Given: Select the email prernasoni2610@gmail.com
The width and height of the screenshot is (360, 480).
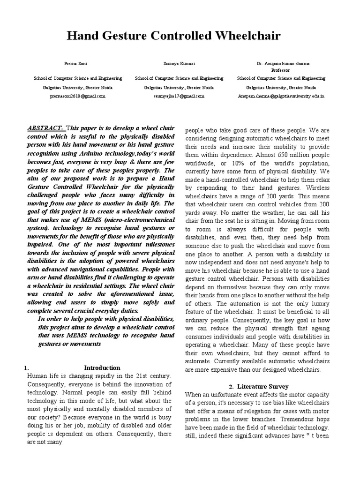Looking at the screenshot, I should pos(77,96).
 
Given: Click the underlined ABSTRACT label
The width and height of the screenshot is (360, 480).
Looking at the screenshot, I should pos(46,127).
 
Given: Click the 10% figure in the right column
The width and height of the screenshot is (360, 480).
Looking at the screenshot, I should pos(232,163).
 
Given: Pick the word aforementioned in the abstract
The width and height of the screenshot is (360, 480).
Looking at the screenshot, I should pos(117,294).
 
